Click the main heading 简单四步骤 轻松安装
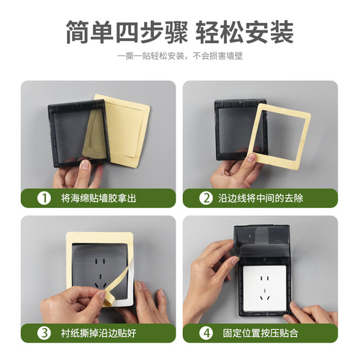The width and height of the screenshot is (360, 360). tap(179, 32)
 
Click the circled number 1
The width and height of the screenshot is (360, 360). tap(45, 198)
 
